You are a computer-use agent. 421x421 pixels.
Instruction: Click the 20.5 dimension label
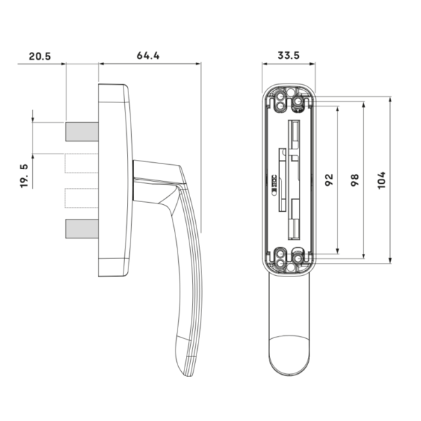point(40,56)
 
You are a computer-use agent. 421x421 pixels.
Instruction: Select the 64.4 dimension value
point(148,55)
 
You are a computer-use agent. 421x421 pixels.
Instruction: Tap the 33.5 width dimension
point(288,55)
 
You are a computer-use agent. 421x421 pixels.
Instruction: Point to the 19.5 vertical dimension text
point(24,176)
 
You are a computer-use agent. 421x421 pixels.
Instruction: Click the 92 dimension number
point(329,180)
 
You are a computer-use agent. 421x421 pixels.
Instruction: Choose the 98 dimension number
point(354,180)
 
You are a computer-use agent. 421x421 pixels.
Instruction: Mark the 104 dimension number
point(381,180)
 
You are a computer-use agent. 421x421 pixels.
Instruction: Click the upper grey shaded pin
point(82,132)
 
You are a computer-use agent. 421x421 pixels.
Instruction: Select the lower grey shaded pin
point(82,229)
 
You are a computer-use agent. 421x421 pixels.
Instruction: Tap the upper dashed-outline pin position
point(81,163)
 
